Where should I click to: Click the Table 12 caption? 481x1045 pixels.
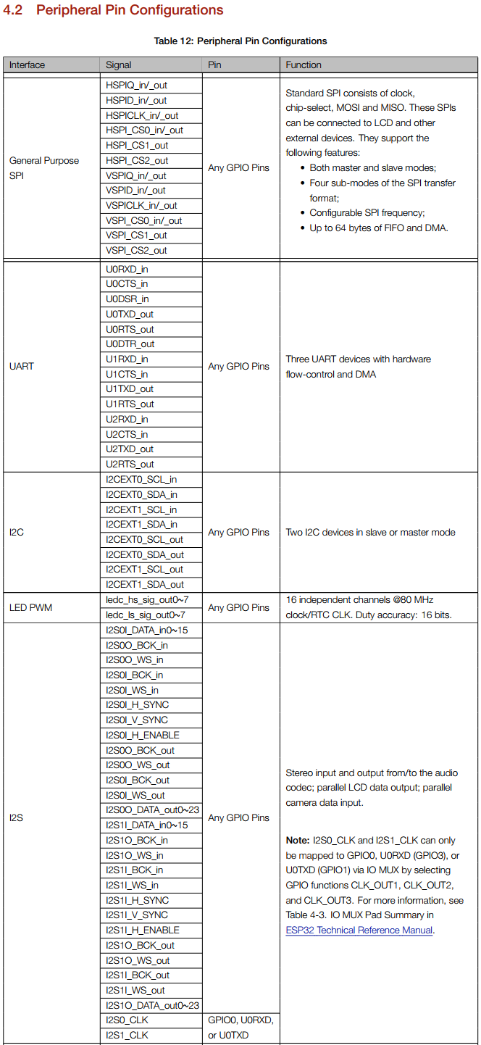pyautogui.click(x=240, y=41)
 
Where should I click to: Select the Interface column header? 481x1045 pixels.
pyautogui.click(x=27, y=64)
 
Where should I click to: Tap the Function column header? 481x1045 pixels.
pyautogui.click(x=304, y=64)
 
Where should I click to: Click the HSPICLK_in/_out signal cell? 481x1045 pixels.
pyautogui.click(x=142, y=115)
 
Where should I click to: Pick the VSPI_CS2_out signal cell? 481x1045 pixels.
pyautogui.click(x=136, y=250)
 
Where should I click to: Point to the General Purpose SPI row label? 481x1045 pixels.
pyautogui.click(x=44, y=167)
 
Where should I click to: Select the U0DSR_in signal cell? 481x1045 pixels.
pyautogui.click(x=127, y=299)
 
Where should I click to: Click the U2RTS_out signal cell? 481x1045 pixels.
pyautogui.click(x=130, y=464)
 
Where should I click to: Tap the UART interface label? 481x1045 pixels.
pyautogui.click(x=21, y=366)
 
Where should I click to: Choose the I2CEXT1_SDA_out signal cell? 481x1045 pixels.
pyautogui.click(x=145, y=584)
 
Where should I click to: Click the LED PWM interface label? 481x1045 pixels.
pyautogui.click(x=30, y=607)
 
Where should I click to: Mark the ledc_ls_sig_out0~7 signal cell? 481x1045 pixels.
pyautogui.click(x=147, y=615)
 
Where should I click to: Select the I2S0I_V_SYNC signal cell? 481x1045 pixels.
pyautogui.click(x=137, y=720)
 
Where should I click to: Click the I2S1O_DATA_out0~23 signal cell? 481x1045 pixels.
pyautogui.click(x=152, y=1005)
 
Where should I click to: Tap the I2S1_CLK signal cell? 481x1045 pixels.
pyautogui.click(x=127, y=1035)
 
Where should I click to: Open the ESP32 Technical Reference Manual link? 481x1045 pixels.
pyautogui.click(x=359, y=930)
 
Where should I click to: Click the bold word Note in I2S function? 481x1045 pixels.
pyautogui.click(x=297, y=840)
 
